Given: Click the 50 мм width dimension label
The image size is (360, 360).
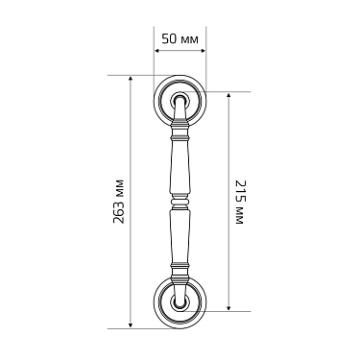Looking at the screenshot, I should click(x=180, y=39).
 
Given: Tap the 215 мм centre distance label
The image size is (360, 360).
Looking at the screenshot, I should click(x=240, y=202).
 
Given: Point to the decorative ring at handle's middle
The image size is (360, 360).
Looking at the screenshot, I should click(x=179, y=200).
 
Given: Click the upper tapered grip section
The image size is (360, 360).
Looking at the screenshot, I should click(x=179, y=163).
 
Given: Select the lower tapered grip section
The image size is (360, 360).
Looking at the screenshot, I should click(x=179, y=240).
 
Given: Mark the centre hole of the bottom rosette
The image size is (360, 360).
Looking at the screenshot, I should click(x=179, y=303).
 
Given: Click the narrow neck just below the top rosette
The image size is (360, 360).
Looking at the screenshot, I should click(x=179, y=119).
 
